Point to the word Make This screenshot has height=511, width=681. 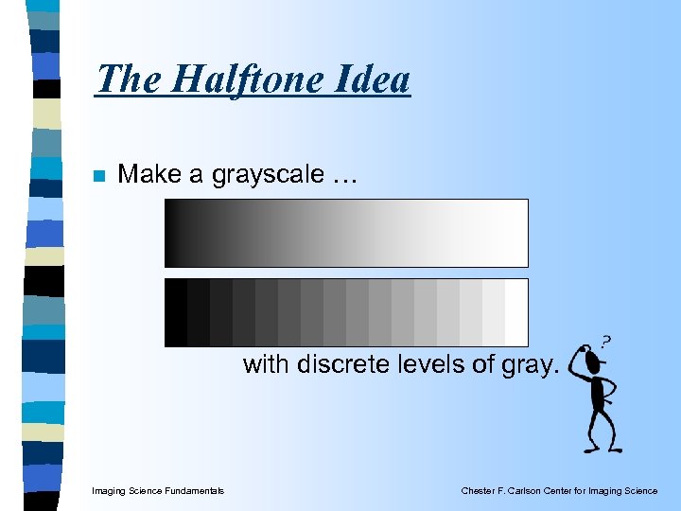(152, 174)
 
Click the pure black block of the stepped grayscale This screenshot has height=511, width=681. (176, 312)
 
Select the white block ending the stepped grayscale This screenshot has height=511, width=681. (515, 312)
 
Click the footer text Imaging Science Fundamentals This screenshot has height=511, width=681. (158, 490)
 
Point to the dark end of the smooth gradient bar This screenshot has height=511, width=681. (176, 233)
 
